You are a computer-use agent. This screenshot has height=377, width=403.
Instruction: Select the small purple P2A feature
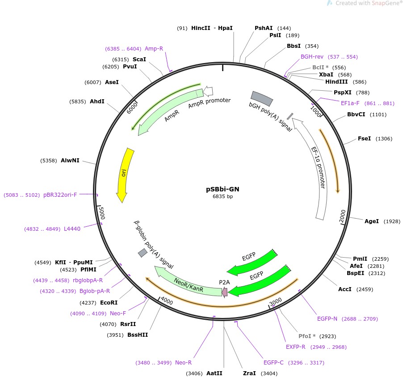click(x=224, y=292)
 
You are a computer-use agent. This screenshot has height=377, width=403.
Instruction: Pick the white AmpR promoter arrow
click(x=208, y=91)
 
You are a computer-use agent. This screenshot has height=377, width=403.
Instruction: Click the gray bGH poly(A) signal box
click(x=262, y=98)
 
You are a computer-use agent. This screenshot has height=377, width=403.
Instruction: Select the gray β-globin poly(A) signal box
click(x=143, y=253)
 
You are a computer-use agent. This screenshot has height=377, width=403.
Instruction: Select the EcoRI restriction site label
click(x=109, y=303)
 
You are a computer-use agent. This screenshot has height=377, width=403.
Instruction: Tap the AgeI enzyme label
click(x=371, y=221)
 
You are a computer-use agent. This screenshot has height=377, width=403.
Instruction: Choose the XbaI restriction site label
click(x=325, y=75)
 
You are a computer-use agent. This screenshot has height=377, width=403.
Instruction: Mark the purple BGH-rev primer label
click(x=312, y=57)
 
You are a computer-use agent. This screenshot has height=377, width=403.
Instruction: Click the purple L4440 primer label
click(x=72, y=229)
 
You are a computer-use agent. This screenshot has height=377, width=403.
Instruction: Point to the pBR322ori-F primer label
click(x=60, y=195)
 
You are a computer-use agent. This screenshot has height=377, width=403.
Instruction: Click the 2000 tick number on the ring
click(x=342, y=215)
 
